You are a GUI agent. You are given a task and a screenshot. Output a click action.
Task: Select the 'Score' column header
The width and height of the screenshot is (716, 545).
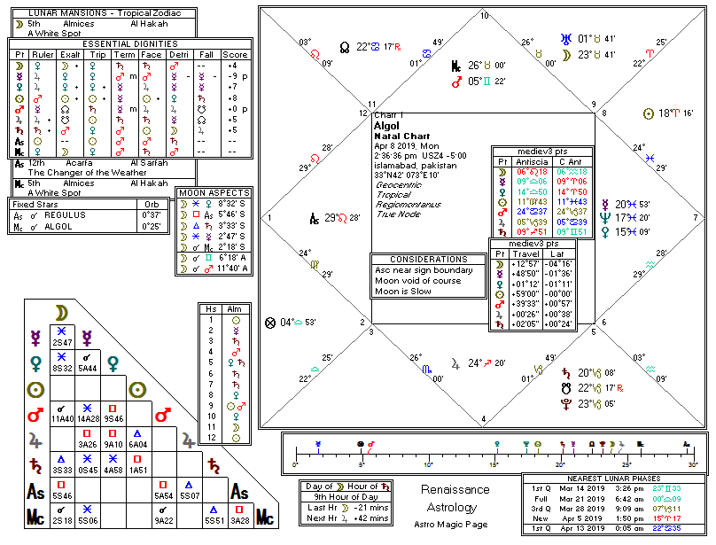click(x=236, y=54)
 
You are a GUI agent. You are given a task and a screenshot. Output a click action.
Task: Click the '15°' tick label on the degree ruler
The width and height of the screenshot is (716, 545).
click(x=494, y=464)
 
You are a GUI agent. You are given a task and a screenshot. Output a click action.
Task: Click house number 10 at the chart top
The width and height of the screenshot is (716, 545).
click(x=484, y=16)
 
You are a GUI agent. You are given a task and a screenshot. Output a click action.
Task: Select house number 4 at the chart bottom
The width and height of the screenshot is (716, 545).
click(x=483, y=419)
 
